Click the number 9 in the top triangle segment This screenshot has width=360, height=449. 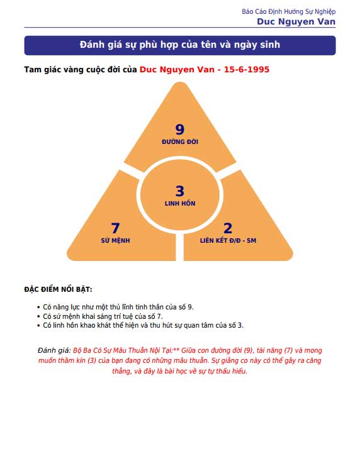pos(180,130)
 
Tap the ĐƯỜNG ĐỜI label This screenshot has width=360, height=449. pos(180,141)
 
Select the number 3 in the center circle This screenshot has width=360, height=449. pos(180,191)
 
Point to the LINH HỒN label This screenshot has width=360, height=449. pos(180,203)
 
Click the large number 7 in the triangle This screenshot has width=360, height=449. pos(115,228)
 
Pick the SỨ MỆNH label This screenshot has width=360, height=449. pos(115,240)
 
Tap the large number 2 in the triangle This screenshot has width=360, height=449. pos(228,228)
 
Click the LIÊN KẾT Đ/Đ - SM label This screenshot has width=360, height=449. pos(228,240)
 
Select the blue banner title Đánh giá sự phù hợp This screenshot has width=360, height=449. pos(180,45)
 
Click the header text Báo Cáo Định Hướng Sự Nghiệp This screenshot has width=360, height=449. pos(289,12)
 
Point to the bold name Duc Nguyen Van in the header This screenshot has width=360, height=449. pos(296,21)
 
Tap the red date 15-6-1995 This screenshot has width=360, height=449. pos(247,70)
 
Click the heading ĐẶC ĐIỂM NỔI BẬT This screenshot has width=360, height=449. pos(58,289)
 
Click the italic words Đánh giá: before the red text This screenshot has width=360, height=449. pos(54,350)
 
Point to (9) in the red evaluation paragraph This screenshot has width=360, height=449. pos(248,350)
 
